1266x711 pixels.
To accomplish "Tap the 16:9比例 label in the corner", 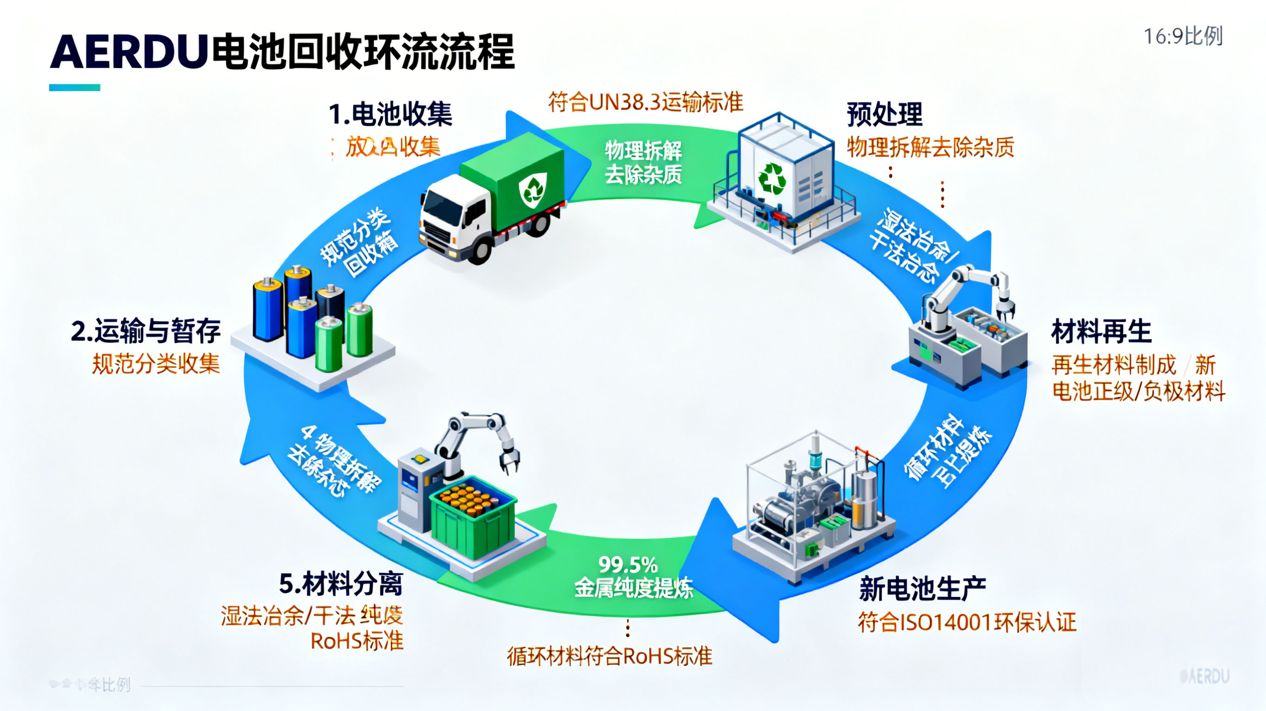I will [x=1183, y=36].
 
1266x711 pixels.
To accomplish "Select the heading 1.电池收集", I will [x=390, y=114].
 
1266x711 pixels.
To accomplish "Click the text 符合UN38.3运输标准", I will [x=645, y=102].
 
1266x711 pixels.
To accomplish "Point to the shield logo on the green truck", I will [x=533, y=189].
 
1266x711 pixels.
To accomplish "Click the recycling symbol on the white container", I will [x=772, y=178].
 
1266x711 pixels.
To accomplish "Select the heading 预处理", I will [x=884, y=115].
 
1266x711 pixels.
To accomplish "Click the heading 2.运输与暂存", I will [x=146, y=331].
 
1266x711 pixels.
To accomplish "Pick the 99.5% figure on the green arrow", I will [x=627, y=565].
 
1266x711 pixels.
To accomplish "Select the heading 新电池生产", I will [x=922, y=588].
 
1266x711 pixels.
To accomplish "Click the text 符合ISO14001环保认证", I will [x=967, y=622].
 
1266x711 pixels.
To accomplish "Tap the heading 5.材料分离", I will [x=341, y=584].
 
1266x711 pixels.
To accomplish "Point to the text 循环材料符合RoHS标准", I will [x=609, y=656].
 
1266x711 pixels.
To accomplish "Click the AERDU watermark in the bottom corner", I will [x=1204, y=677].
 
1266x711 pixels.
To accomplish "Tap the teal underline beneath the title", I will [x=75, y=88].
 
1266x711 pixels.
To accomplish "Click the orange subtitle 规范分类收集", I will [x=156, y=365].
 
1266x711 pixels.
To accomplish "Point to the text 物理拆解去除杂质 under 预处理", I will [x=930, y=147].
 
